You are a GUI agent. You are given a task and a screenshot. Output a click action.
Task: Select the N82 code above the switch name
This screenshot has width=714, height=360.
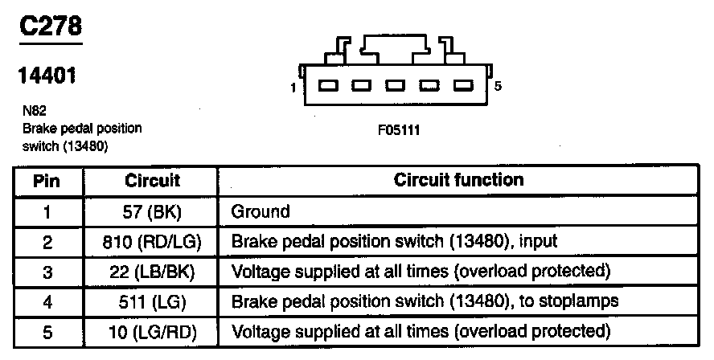coord(33,112)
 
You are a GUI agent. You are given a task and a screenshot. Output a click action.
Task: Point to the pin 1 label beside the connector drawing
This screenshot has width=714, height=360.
coord(293,86)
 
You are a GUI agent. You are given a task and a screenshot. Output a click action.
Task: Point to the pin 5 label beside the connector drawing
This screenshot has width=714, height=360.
coord(499,86)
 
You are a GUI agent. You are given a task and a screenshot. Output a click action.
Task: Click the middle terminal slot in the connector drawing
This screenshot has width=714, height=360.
coord(395,86)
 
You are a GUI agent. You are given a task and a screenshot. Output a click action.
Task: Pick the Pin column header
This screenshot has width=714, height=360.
coord(47,181)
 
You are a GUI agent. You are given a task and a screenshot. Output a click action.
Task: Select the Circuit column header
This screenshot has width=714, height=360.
coord(152,181)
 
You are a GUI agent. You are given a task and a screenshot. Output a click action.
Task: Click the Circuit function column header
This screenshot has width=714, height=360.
coord(458,180)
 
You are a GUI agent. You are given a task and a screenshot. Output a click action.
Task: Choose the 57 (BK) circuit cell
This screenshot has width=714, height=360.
coord(152,211)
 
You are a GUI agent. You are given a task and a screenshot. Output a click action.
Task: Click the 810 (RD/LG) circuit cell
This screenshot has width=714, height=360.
coord(152,241)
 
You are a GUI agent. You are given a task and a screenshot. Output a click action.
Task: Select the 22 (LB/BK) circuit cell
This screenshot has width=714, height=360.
coord(152,271)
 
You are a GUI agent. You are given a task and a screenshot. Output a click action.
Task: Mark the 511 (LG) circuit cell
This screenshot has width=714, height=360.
coord(152,301)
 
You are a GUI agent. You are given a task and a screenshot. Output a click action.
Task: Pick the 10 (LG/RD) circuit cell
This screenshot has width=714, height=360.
coord(152,330)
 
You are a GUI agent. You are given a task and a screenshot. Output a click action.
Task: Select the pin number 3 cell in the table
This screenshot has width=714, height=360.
coord(47,272)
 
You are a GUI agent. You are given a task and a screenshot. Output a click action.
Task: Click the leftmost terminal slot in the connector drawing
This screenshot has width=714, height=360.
coord(326,86)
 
